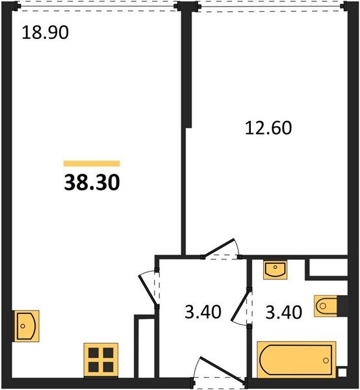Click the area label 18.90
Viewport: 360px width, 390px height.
[45, 32]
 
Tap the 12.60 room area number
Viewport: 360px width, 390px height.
[268, 128]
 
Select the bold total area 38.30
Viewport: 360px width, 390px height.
[92, 182]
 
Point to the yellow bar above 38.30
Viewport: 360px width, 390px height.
[92, 163]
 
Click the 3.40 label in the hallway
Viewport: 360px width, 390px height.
[203, 312]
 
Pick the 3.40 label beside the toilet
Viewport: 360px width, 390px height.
[284, 312]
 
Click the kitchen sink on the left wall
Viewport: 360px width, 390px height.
[26, 326]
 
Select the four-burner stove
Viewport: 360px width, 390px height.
[101, 359]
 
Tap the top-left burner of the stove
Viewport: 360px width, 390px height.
[94, 353]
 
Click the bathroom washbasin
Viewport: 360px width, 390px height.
[276, 270]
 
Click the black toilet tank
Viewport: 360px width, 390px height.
[342, 306]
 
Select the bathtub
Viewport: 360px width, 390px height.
[296, 359]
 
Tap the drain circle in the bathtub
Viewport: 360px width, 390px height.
[326, 360]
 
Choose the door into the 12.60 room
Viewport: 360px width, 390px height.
[222, 250]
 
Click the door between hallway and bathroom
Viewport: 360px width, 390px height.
[241, 306]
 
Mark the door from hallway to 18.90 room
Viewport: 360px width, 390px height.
[149, 288]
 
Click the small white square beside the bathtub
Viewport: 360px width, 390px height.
[342, 372]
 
